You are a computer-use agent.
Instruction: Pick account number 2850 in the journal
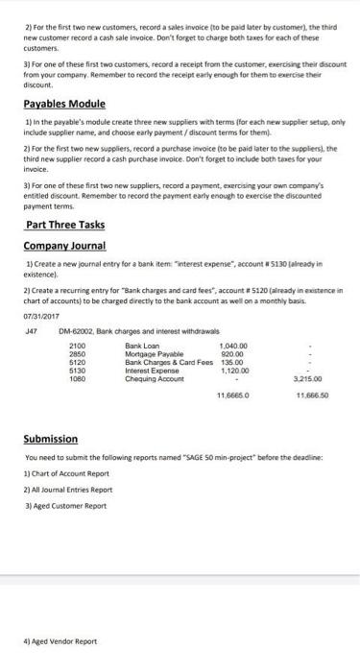coord(77,329)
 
